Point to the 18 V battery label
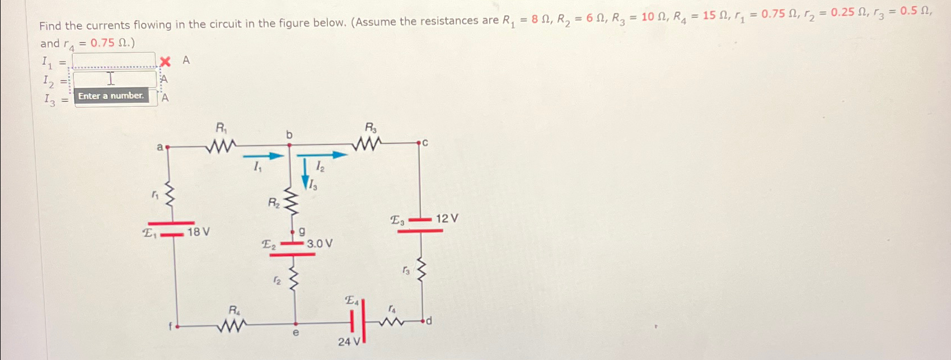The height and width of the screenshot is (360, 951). click(198, 232)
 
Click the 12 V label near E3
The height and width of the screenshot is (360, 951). click(447, 218)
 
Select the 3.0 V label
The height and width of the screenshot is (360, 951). click(320, 244)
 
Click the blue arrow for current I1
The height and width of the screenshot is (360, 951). click(264, 156)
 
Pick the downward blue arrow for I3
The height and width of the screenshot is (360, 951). click(306, 174)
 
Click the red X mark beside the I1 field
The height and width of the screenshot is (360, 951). click(165, 61)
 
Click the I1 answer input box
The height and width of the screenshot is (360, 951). click(114, 60)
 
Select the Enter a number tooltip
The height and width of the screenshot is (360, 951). click(111, 96)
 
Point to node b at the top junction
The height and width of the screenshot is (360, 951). click(289, 144)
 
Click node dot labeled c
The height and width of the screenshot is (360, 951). click(419, 144)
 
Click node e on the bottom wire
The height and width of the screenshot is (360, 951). click(296, 324)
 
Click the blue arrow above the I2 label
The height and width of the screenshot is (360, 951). click(322, 155)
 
